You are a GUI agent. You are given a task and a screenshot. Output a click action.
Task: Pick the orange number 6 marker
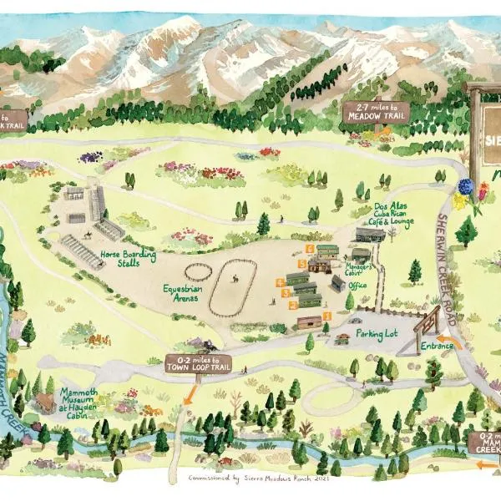[311, 248]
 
